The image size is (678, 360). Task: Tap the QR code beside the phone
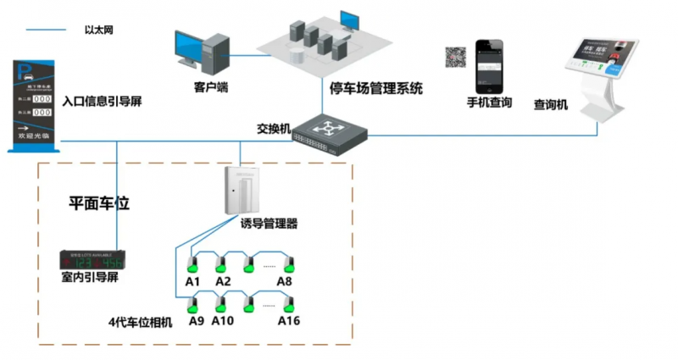(x=456, y=58)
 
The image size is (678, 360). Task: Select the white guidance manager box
(x=240, y=191)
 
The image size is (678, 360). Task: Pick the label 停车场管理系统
(x=376, y=88)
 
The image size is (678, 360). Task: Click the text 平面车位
(x=97, y=203)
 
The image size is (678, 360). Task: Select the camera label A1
(x=192, y=281)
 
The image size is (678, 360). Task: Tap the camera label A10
(x=223, y=321)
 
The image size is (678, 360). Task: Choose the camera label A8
(x=285, y=281)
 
